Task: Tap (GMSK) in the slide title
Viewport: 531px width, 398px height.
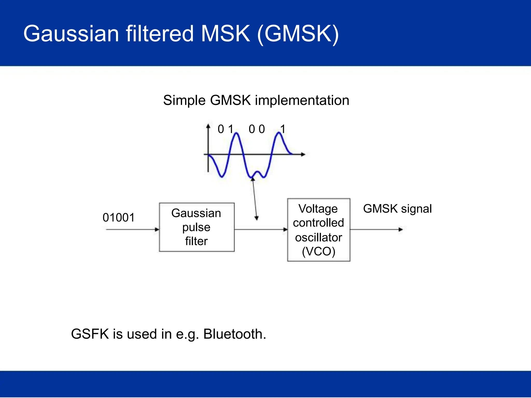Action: coord(298,34)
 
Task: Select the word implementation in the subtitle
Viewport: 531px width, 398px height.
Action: coord(302,100)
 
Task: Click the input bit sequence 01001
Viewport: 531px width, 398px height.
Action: coord(119,217)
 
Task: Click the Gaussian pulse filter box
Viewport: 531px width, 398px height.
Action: coord(197,227)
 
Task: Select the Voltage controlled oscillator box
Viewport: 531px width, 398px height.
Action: coord(318,230)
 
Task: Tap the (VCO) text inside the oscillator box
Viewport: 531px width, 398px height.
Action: coord(318,251)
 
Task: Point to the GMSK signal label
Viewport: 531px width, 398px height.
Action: coord(397,209)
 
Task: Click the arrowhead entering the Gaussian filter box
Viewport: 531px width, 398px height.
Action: coord(157,229)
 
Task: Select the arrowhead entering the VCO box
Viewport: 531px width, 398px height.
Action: coord(285,229)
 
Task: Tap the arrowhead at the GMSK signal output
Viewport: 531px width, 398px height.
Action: coord(401,229)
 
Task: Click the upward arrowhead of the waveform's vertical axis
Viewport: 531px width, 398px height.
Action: coord(208,126)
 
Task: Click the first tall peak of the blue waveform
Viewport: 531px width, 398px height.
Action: coord(236,133)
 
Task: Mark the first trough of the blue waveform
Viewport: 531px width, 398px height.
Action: coord(222,176)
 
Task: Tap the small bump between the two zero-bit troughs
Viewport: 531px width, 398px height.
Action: coord(257,172)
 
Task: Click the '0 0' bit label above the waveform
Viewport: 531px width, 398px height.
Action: coord(257,129)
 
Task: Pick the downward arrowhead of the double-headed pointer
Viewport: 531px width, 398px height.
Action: coord(256,218)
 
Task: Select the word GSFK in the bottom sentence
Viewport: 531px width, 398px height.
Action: coord(90,334)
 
